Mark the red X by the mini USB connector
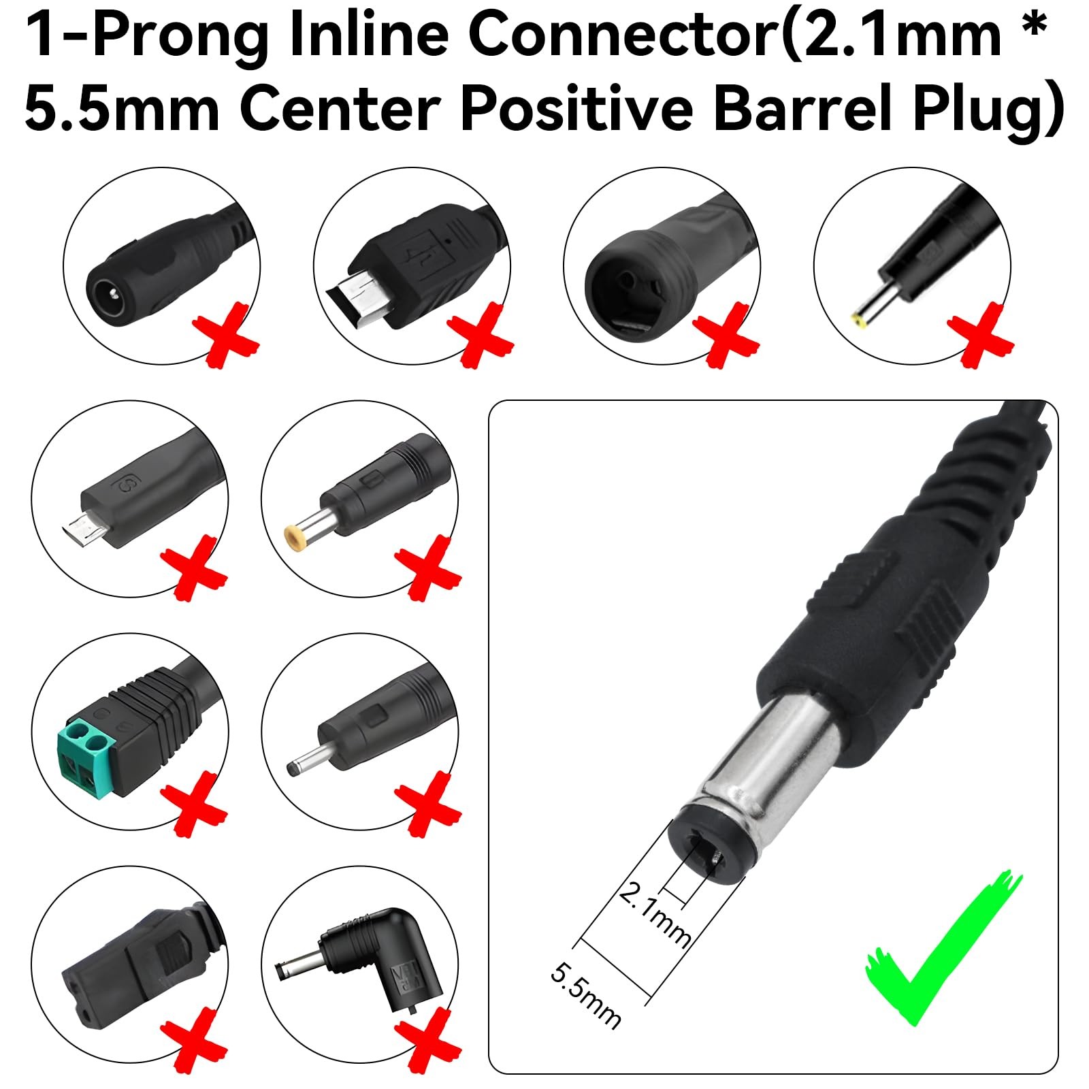481,337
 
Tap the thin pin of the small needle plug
306,760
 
